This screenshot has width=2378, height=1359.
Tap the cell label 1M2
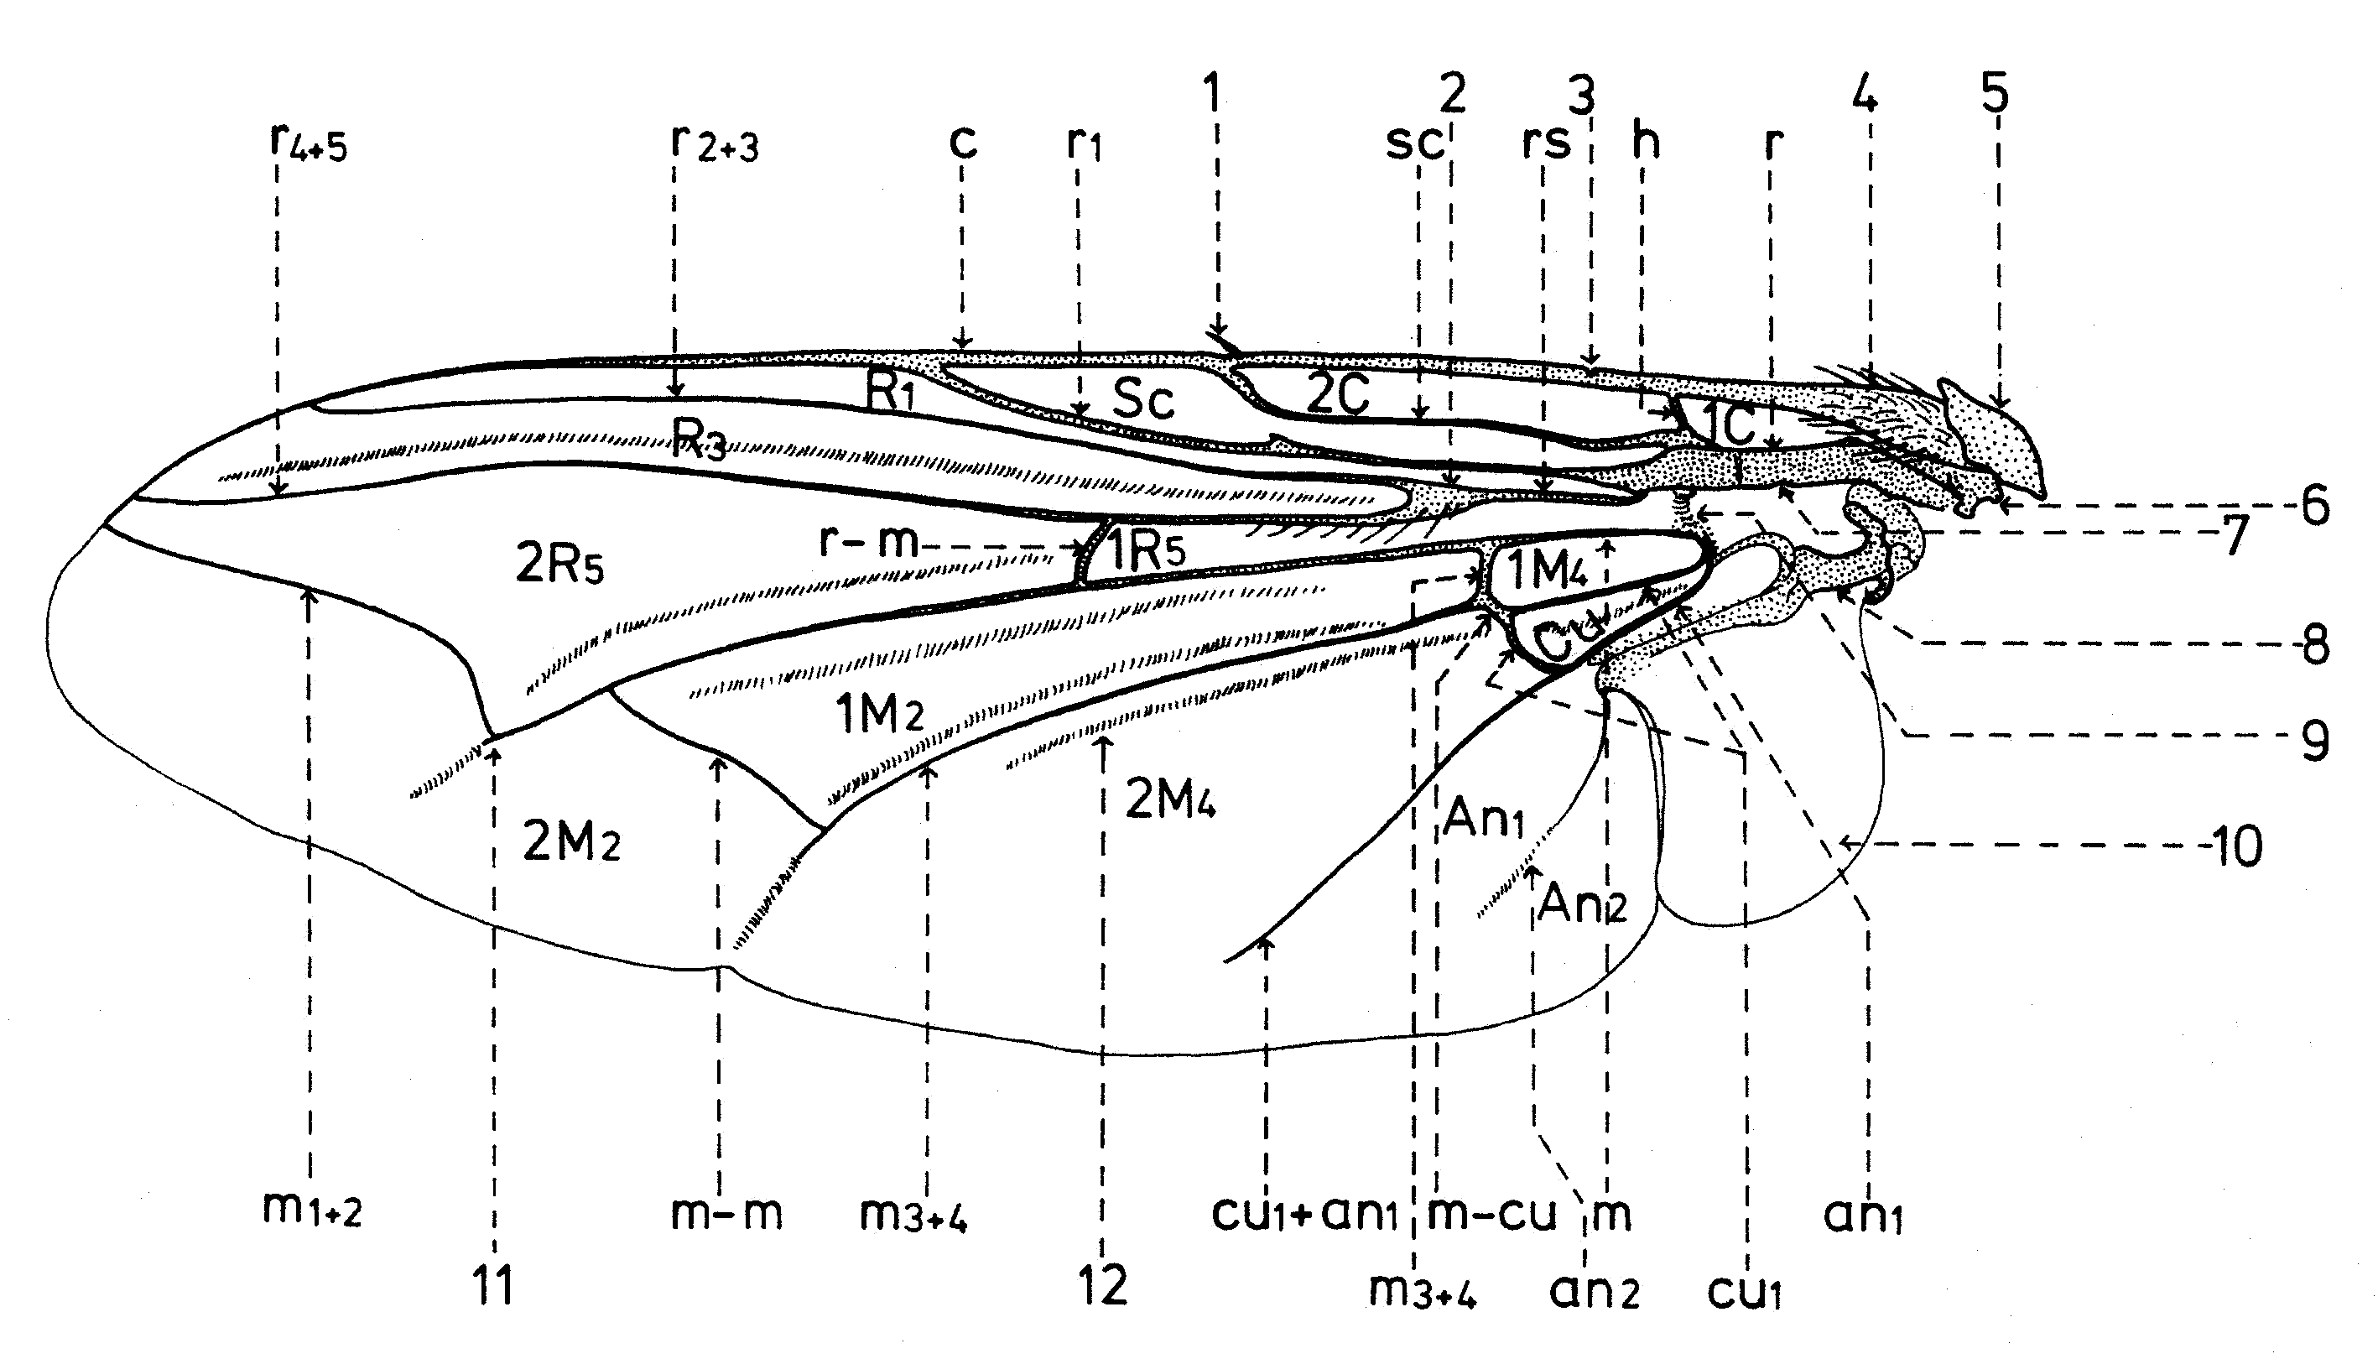point(879,715)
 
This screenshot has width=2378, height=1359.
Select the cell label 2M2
point(570,843)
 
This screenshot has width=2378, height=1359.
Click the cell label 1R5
point(1146,549)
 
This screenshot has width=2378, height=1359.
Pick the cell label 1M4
point(1547,570)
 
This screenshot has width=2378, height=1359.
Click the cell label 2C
point(1336,394)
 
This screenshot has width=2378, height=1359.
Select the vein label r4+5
point(307,142)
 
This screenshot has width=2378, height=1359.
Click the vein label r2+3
point(714,143)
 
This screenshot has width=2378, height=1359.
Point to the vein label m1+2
point(312,1210)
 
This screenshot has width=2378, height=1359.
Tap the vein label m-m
point(726,1213)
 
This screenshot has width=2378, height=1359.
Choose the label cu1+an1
point(1304,1213)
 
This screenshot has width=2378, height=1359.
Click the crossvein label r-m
point(869,540)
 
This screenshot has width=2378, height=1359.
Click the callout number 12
point(1102,1286)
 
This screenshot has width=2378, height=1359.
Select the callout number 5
point(1995,92)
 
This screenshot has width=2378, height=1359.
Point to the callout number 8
point(2314,645)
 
